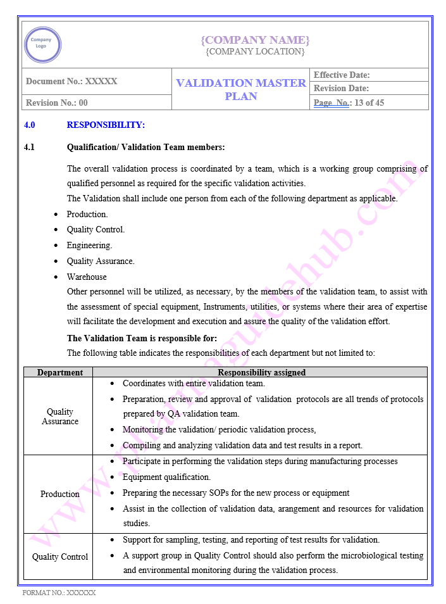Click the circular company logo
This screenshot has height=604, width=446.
coord(43,44)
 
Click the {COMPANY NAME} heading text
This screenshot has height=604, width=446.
coord(256,40)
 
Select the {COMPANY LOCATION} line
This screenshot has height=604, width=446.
coord(256,51)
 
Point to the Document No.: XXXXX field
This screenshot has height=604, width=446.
coord(71,81)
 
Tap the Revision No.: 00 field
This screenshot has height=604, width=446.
coord(57,103)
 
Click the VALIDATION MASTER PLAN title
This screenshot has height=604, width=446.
coord(241,89)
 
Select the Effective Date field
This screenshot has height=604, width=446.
coord(342,75)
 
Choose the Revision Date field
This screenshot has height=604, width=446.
coord(341,89)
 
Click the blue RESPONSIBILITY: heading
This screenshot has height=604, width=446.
coord(106,125)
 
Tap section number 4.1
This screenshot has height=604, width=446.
coord(29,147)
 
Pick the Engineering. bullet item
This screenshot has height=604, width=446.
coord(89,245)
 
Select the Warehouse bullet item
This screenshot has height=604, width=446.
coord(87,277)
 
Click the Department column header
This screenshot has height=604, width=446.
coord(59,372)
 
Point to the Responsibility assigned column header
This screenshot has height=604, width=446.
coord(261,372)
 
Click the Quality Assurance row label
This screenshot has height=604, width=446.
coord(60,417)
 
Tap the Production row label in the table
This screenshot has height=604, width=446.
coord(60,494)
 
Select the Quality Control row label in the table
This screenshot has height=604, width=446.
coord(60,557)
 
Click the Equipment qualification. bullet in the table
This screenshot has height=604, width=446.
coord(166,477)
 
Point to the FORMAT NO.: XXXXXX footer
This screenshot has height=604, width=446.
coord(59,593)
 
